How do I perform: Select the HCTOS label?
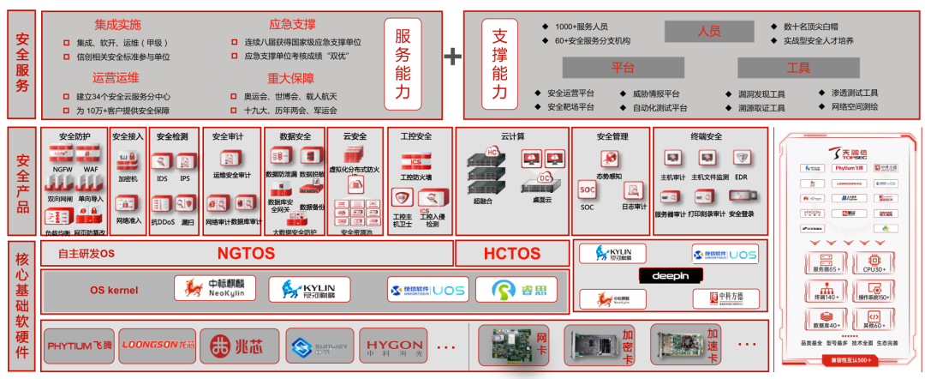512,254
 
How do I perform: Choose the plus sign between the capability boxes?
451,57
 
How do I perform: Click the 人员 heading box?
708,32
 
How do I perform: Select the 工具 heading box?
797,68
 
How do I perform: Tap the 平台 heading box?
622,68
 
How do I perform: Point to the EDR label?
741,177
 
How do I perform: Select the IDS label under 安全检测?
162,178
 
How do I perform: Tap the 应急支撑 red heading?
291,25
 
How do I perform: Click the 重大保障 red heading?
291,79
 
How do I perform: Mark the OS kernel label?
114,291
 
